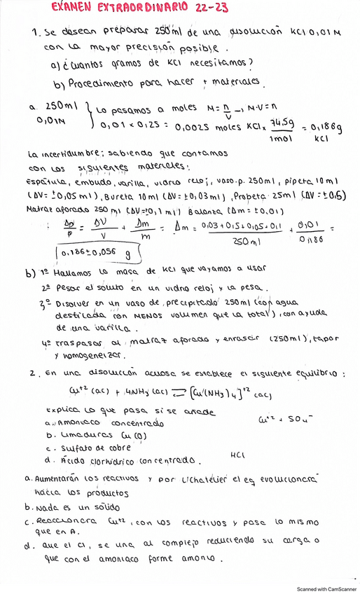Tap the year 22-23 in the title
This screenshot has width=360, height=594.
coord(201,8)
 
